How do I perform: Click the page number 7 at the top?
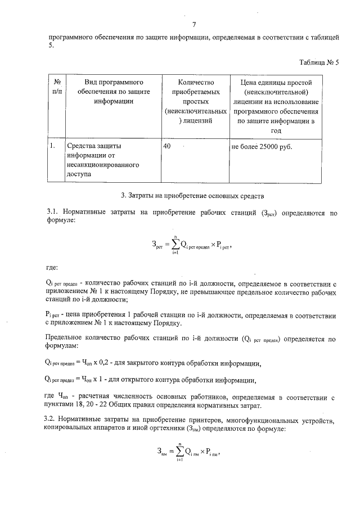coord(193,25)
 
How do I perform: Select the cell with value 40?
coord(167,146)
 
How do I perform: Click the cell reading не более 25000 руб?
coord(262,146)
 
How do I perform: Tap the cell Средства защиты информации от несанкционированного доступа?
coord(102,160)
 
